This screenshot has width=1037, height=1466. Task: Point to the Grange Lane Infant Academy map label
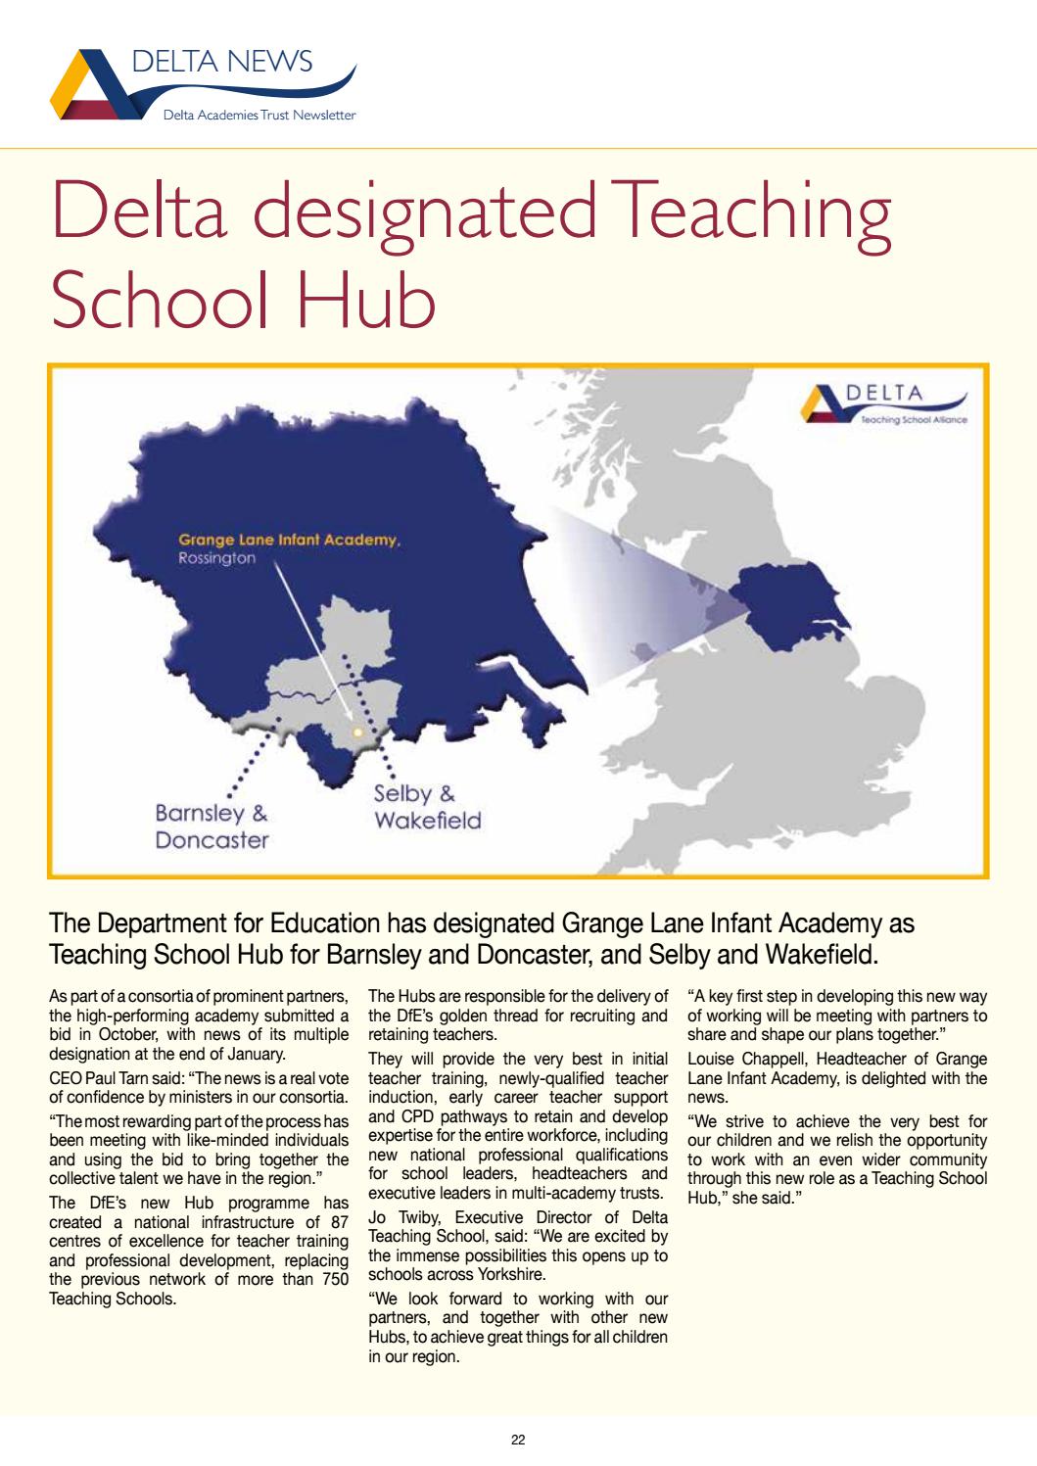(289, 540)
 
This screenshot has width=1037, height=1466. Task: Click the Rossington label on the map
(216, 558)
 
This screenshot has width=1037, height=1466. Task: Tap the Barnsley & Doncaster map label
(212, 827)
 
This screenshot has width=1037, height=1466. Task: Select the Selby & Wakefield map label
(427, 807)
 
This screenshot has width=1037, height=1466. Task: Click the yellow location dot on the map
(357, 732)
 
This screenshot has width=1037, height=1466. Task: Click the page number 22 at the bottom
(518, 1440)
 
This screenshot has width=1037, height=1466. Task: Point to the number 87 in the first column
(339, 1221)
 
